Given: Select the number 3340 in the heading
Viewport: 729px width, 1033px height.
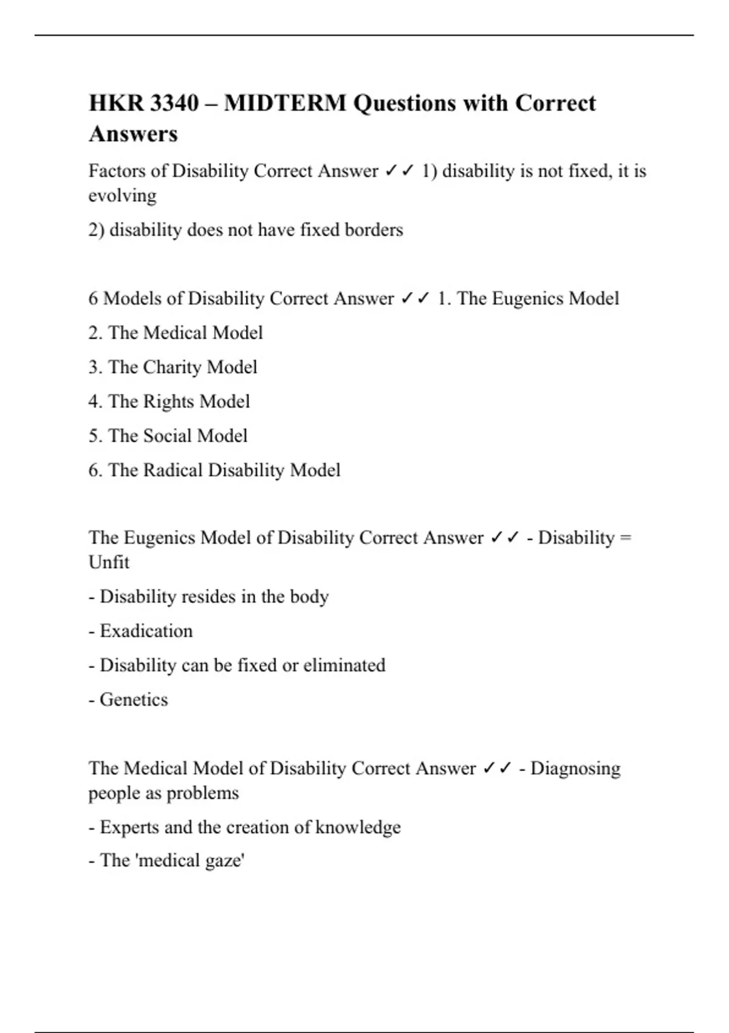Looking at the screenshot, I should tap(174, 103).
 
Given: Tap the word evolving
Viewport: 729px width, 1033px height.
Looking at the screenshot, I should tap(122, 196).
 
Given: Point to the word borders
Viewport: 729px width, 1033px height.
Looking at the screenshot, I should tap(374, 230).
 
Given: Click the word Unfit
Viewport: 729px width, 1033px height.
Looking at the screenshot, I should tap(109, 563).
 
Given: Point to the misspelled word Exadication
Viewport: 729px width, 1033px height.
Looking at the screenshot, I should tap(146, 631).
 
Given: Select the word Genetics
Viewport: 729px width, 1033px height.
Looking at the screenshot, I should tap(134, 699).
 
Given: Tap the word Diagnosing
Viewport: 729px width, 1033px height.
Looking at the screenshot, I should tap(575, 769).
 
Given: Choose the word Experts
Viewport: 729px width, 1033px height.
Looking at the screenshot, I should tap(129, 828).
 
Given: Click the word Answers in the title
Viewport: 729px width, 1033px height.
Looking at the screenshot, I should tap(134, 134).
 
